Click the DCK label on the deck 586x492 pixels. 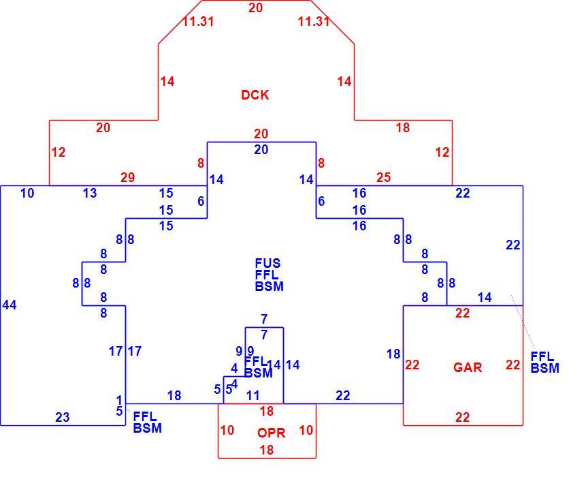[255, 95]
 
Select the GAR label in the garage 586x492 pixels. [468, 367]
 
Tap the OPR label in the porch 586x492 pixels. [272, 433]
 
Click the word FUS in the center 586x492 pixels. [267, 263]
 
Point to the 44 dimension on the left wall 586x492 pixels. [10, 305]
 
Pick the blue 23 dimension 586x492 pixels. [63, 417]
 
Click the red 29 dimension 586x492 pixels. [127, 177]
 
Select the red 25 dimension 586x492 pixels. [383, 177]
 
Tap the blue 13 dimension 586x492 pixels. [90, 194]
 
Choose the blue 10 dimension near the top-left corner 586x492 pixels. [27, 194]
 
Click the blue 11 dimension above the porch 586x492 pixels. [253, 395]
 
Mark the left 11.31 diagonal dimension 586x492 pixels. [199, 21]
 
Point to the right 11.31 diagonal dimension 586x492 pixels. [314, 21]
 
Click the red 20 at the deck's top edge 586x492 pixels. [256, 8]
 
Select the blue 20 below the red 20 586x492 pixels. [261, 150]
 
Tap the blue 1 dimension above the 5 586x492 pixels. [119, 400]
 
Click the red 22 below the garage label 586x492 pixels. [462, 417]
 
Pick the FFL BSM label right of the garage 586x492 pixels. [545, 363]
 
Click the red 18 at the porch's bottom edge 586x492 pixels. [267, 450]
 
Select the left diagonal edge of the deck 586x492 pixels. [180, 22]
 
